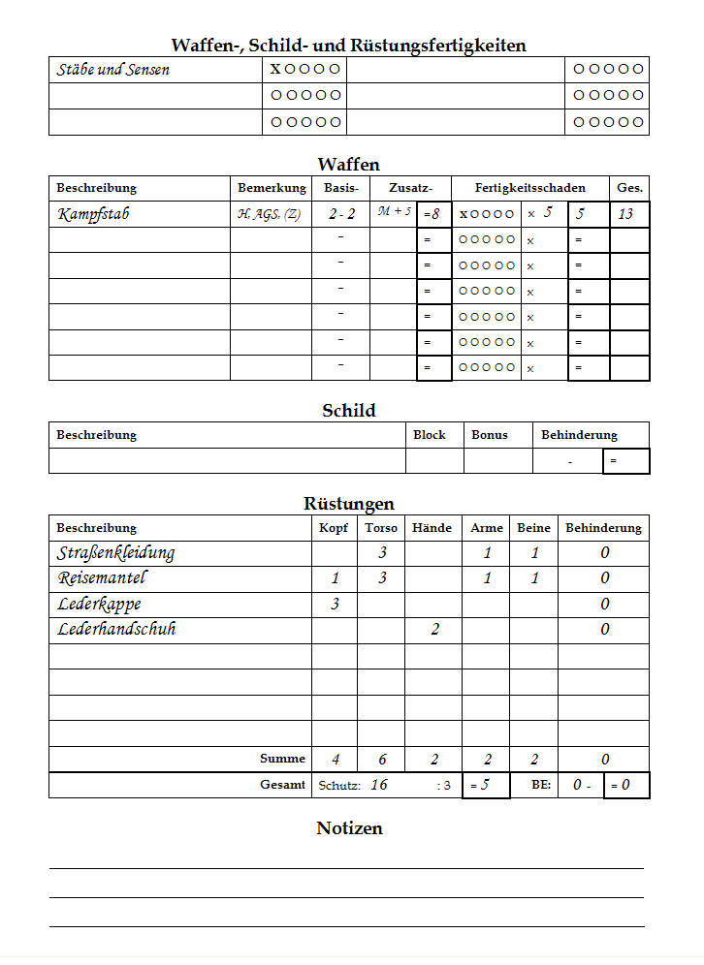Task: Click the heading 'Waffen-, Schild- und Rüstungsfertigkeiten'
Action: coord(349,45)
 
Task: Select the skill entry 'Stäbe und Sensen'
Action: coord(113,70)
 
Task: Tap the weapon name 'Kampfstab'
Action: coord(93,214)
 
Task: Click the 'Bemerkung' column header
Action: coord(272,188)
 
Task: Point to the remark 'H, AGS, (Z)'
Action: coord(269,214)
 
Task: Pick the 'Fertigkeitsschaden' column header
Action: coord(530,188)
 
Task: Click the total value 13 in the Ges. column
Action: coord(626,214)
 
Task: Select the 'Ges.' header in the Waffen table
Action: coord(629,188)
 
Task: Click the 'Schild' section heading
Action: coord(349,411)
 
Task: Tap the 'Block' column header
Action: coord(430,435)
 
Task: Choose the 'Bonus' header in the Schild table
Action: coord(490,435)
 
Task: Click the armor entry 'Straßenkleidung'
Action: coord(115,553)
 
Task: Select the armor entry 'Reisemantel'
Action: coord(102,578)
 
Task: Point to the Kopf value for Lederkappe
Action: coord(336,605)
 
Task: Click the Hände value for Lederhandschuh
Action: coord(435,630)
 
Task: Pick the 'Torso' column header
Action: coord(381,528)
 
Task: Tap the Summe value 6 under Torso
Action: coord(383,760)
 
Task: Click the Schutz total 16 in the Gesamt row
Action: coord(379,785)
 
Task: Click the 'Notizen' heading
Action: coord(349,828)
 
